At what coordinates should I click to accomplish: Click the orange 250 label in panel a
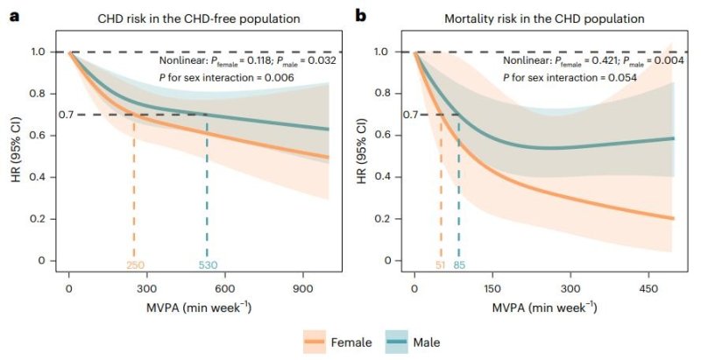pos(135,265)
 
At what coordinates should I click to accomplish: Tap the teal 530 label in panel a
pos(208,265)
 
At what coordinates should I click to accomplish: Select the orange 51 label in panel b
pos(441,265)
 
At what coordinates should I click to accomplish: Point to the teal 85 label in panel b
pos(459,265)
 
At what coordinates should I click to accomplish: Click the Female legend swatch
pos(315,342)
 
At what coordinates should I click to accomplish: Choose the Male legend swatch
pos(397,342)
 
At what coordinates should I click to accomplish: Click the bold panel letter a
pos(15,17)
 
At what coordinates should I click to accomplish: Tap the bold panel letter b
pos(360,16)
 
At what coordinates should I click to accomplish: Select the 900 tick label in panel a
pos(302,289)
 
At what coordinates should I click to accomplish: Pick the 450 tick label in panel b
pos(648,289)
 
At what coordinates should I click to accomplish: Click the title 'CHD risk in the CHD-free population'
pos(199,18)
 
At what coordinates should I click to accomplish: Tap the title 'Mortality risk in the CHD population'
pos(544,18)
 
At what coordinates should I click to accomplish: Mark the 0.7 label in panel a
pos(65,115)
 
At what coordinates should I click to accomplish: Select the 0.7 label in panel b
pos(410,115)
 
